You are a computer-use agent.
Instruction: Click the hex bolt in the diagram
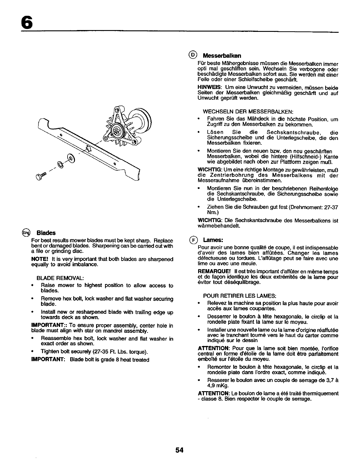coord(41,176)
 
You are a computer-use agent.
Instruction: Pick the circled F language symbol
coord(193,240)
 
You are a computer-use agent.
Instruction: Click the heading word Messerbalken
coord(222,56)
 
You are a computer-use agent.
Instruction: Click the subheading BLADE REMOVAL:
coord(60,278)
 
